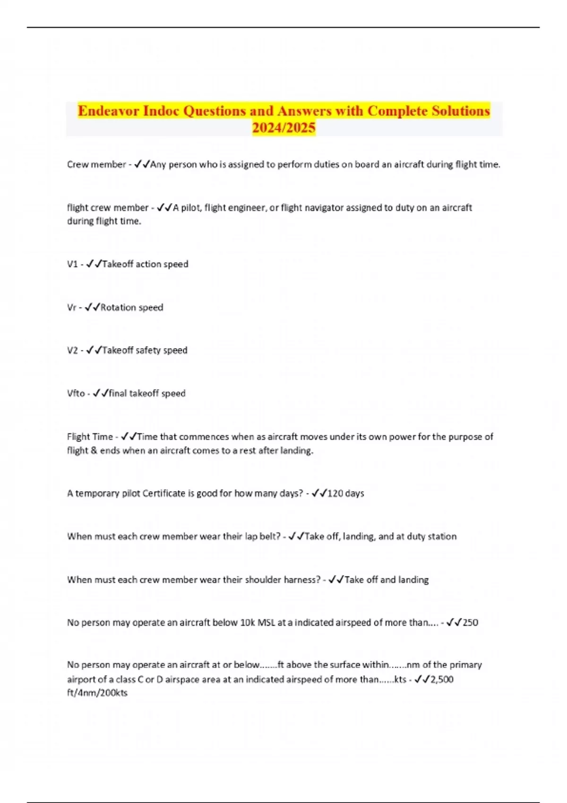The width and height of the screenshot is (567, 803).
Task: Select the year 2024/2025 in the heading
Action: click(x=283, y=128)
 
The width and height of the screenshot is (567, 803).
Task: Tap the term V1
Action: click(x=72, y=264)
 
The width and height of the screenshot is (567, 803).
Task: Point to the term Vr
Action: click(x=71, y=308)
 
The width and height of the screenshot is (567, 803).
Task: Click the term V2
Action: click(x=72, y=350)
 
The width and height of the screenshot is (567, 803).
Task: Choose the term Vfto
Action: click(x=76, y=393)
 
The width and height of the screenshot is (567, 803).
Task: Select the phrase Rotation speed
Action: click(x=132, y=308)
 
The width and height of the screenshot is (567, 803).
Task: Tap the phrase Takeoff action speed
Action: click(x=145, y=264)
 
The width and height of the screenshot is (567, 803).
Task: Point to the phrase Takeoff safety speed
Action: click(x=145, y=350)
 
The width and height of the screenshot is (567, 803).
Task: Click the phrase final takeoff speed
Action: click(x=147, y=393)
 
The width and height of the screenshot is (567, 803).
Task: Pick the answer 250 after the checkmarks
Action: click(x=470, y=623)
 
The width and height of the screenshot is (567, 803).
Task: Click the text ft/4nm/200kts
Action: click(x=97, y=693)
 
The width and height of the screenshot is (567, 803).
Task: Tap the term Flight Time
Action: click(x=90, y=437)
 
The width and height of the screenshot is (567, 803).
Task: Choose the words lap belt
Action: click(x=262, y=537)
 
